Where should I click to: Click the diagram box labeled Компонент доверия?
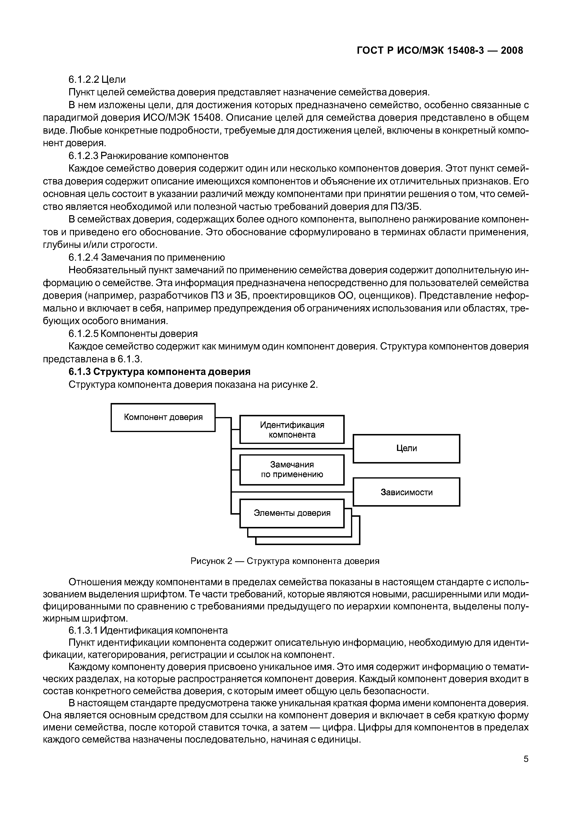(x=163, y=417)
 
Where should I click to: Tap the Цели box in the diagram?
(x=406, y=449)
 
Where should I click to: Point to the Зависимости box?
(x=406, y=492)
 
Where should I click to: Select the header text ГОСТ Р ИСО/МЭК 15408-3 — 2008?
(x=440, y=51)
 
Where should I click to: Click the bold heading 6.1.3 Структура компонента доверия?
(x=160, y=372)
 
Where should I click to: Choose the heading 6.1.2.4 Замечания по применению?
(x=147, y=258)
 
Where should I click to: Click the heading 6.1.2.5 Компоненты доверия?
(x=133, y=334)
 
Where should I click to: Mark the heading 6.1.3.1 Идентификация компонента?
(x=148, y=630)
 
